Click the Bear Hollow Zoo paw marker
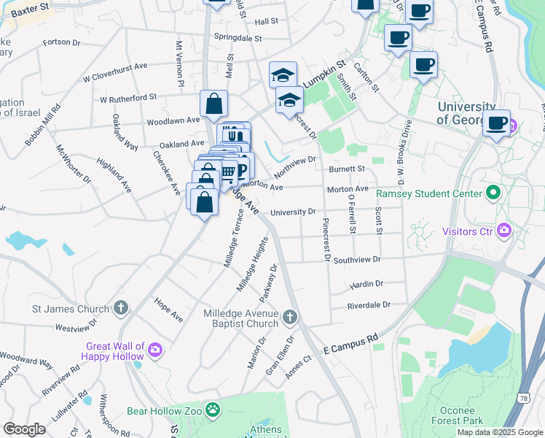click(213, 410)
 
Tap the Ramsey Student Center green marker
click(493, 193)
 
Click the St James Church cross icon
click(121, 308)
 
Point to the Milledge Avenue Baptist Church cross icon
click(290, 316)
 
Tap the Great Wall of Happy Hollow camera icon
click(154, 351)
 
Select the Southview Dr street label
click(357, 259)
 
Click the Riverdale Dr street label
click(369, 305)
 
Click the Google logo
click(25, 429)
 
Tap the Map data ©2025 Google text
click(499, 432)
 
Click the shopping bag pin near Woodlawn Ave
click(214, 104)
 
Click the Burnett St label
click(345, 169)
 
